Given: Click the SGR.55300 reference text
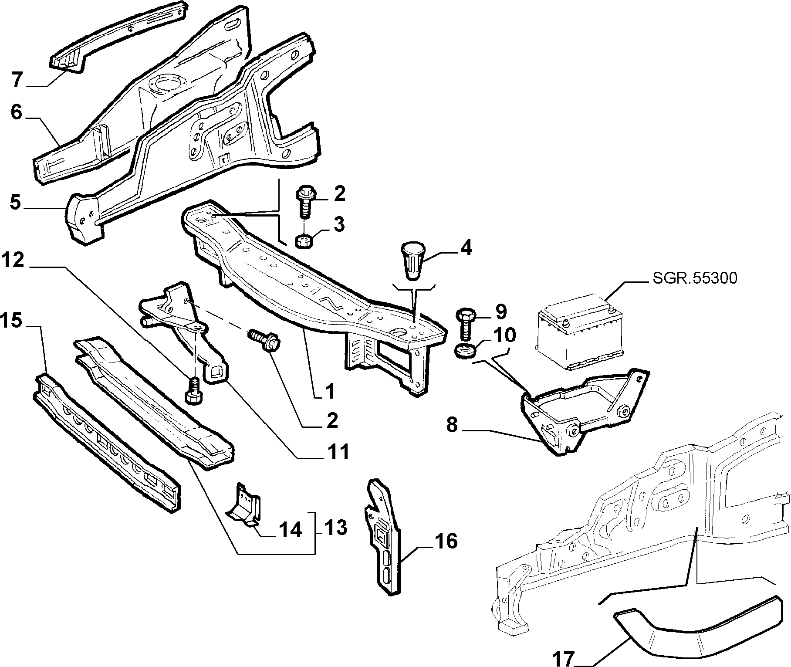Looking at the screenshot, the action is pyautogui.click(x=695, y=278).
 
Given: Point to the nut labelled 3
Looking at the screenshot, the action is pyautogui.click(x=303, y=241).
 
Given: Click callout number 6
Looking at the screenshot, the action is pyautogui.click(x=16, y=112).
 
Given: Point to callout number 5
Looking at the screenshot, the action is pyautogui.click(x=15, y=203).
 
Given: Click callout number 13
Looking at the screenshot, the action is pyautogui.click(x=336, y=528).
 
